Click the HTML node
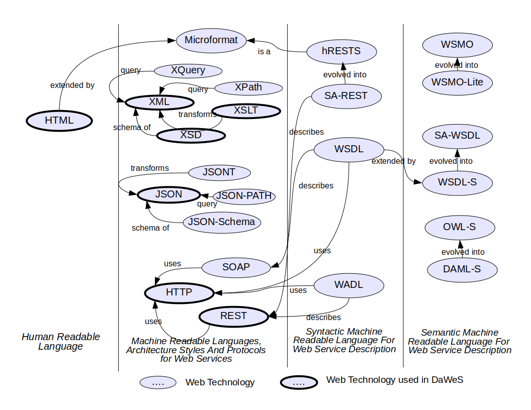coord(59,121)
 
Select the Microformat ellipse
coord(211,40)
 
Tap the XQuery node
coord(188,70)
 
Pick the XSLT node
coord(246,111)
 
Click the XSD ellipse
coord(191,135)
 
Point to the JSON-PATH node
coord(244,196)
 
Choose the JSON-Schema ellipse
coord(222,222)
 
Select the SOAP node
coord(236,267)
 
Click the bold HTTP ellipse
coord(179,292)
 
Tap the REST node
coord(234,316)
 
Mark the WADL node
coord(348,285)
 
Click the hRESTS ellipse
coord(341,51)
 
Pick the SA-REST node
coord(346,96)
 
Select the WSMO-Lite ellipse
coord(457,82)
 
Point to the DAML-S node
coord(462,269)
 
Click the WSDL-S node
coord(457,182)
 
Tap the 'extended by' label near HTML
coord(72,85)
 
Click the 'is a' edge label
coord(264,51)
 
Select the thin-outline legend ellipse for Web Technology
coord(158,383)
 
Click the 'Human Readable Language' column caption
coord(61,342)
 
